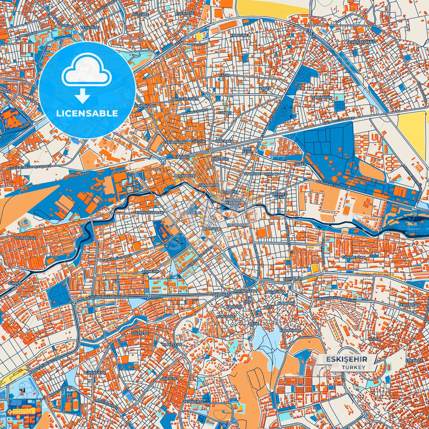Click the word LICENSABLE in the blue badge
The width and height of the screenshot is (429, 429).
pos(87,113)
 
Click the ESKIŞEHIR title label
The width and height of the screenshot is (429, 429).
pos(347,359)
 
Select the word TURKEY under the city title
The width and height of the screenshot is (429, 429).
pos(353,367)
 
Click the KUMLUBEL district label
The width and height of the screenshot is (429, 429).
pos(240,35)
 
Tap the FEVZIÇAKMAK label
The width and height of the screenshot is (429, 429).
pos(359,42)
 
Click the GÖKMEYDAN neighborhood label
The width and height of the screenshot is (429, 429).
pos(354,257)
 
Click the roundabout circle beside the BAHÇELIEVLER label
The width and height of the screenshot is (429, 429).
pos(208,95)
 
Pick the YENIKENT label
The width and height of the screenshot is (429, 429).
pos(192,401)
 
